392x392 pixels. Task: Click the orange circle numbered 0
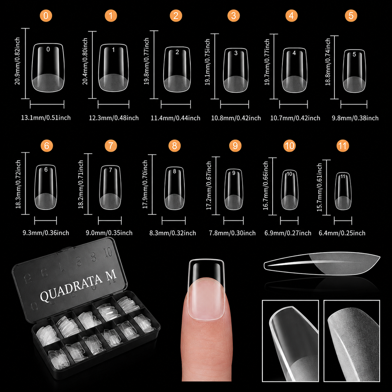[x=46, y=16]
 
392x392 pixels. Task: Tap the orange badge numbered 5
[x=351, y=16]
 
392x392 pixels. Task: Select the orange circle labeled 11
[x=343, y=146]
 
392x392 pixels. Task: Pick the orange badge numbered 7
[x=111, y=146]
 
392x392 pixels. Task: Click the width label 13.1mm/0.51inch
[x=46, y=118]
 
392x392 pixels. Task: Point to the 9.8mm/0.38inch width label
[x=355, y=118]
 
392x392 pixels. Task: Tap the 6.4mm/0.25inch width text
[x=342, y=233]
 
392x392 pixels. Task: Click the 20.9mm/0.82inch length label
[x=17, y=61]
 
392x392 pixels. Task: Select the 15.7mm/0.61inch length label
[x=319, y=187]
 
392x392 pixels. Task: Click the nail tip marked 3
[x=236, y=70]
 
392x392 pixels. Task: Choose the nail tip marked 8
[x=174, y=188]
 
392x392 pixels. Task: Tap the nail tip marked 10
[x=289, y=190]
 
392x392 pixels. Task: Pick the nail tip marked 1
[x=113, y=68]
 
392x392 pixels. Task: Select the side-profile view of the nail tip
[x=322, y=264]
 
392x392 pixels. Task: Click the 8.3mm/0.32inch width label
[x=173, y=233]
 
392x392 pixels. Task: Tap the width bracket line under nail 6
[x=46, y=220]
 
